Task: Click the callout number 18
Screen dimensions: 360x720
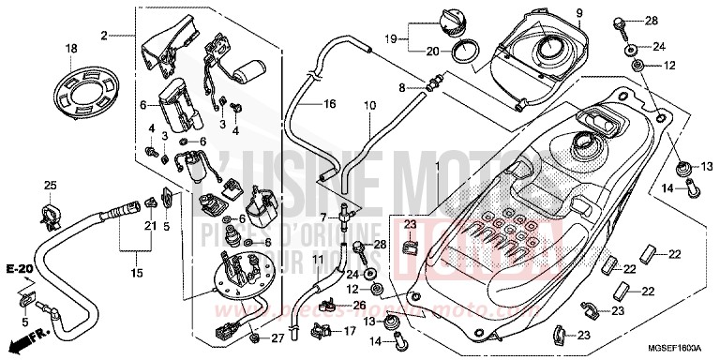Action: (70, 48)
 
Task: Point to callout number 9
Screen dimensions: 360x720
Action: (552, 12)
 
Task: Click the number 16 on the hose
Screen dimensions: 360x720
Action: (329, 104)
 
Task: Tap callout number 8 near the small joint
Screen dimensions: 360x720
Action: (402, 88)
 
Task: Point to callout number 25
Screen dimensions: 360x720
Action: (51, 184)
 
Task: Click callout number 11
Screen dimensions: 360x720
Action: (317, 258)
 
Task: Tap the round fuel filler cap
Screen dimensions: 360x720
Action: (442, 20)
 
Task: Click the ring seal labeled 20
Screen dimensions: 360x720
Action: (460, 51)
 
